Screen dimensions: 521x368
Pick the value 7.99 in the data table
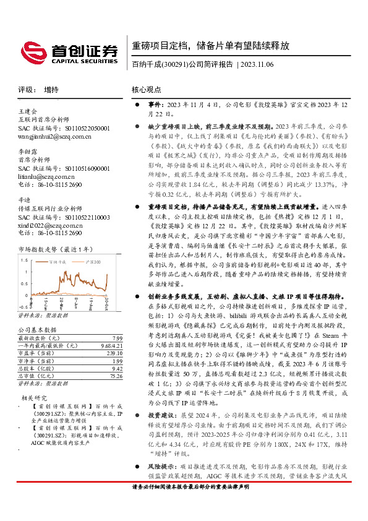(x=118, y=338)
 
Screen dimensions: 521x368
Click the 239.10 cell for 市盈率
(x=114, y=353)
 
